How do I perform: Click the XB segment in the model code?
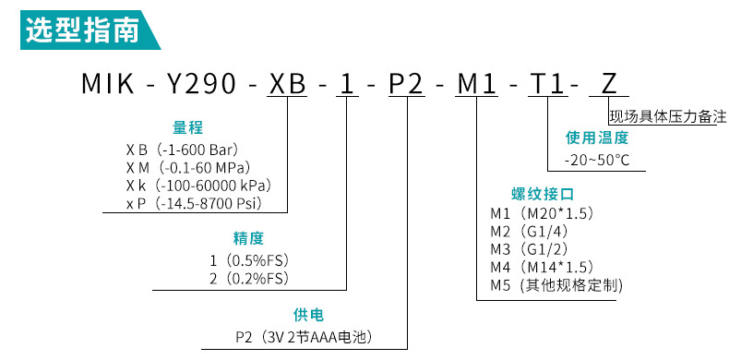click(288, 86)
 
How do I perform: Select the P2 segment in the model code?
click(406, 86)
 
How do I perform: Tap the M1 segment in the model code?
click(479, 86)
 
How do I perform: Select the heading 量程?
click(188, 127)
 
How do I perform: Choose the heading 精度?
click(248, 238)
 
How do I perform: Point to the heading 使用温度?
click(597, 138)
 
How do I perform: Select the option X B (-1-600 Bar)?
click(188, 149)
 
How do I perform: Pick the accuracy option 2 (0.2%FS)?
click(250, 277)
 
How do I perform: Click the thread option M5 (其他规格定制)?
click(556, 285)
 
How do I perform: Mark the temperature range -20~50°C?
click(597, 160)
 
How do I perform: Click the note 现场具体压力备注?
click(667, 116)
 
